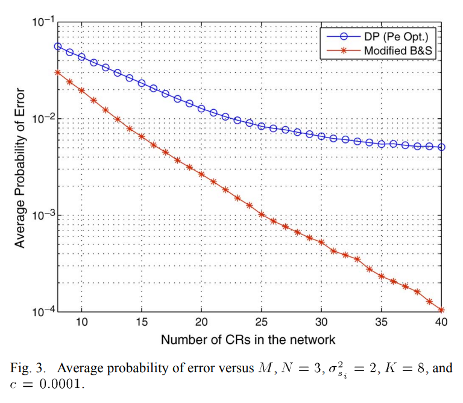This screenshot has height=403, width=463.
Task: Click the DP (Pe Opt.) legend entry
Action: coord(392,36)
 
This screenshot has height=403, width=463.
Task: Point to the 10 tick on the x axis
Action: coord(81,323)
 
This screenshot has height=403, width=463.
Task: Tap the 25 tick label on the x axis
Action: coord(262,323)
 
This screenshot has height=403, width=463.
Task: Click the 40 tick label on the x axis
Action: coord(441,323)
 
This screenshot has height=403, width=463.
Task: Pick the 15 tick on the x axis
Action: coord(142,323)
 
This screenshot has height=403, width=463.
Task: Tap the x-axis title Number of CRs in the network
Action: coord(248,339)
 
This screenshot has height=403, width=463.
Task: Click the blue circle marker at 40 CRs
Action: coord(441,147)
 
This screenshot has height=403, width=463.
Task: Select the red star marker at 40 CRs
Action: coord(441,310)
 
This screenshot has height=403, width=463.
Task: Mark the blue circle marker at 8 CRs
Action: coord(58,46)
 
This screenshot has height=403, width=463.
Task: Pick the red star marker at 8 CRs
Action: coord(58,72)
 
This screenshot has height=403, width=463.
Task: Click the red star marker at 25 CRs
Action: coord(262,214)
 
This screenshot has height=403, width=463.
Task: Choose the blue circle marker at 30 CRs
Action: coord(321,136)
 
